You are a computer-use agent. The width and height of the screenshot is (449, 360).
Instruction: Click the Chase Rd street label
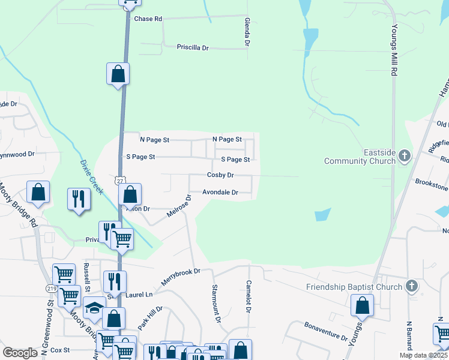[148, 19]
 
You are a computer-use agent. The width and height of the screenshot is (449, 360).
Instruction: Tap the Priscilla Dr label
[192, 47]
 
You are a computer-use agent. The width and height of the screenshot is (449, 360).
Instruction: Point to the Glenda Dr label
[247, 32]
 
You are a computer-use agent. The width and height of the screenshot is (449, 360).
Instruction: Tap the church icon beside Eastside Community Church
[405, 157]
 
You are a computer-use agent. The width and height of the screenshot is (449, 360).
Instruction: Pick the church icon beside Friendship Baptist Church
[411, 286]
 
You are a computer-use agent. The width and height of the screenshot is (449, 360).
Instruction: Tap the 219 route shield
[51, 289]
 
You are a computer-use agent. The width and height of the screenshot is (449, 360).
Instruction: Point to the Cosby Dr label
[220, 175]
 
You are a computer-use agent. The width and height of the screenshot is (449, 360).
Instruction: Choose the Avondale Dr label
[220, 193]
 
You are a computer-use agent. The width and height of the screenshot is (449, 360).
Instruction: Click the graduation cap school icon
[94, 307]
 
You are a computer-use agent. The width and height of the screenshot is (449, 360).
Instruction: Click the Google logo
[20, 352]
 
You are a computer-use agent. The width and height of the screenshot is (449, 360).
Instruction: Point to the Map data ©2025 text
[424, 355]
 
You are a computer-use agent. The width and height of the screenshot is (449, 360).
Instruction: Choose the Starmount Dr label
[215, 305]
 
